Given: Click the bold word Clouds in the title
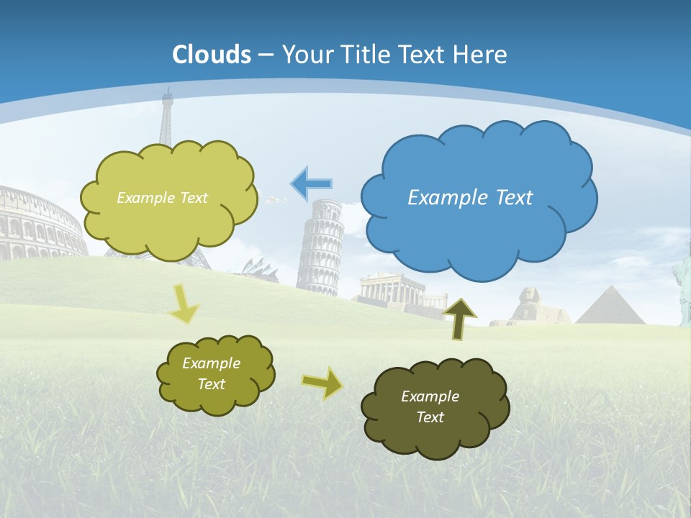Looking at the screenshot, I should pos(212,55).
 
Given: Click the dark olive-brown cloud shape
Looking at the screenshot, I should pos(435,432).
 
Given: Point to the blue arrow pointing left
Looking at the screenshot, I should pos(311,184).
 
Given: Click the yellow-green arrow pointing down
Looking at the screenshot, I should pos(184,304).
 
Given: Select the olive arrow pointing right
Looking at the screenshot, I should pos(322,383).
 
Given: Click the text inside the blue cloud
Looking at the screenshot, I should pos(470,198).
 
